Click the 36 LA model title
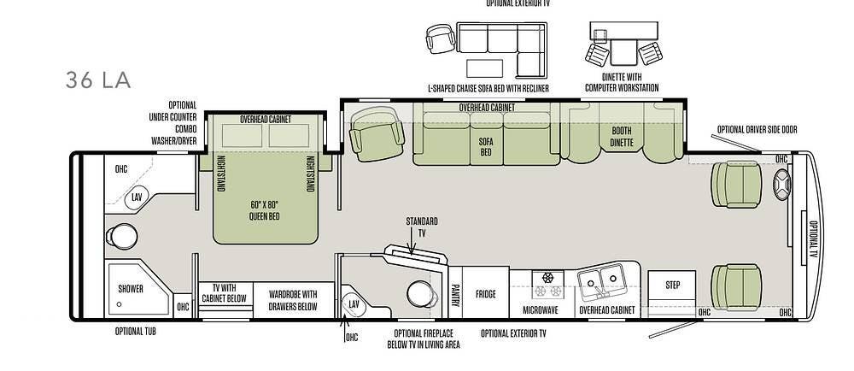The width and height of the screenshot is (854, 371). (98, 80)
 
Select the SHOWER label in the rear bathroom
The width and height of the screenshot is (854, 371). (131, 288)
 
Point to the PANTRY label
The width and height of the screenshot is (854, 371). (455, 294)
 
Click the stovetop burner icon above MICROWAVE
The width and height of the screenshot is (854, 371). (547, 279)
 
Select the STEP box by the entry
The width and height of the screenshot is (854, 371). (672, 285)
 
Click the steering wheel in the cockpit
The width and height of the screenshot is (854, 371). (782, 185)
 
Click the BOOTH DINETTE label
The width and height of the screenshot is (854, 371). (621, 137)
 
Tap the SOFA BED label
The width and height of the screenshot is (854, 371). (485, 146)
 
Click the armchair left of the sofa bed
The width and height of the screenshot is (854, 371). (377, 133)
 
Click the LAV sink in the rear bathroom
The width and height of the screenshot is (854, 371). (137, 197)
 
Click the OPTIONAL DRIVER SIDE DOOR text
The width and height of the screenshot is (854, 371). (757, 130)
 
